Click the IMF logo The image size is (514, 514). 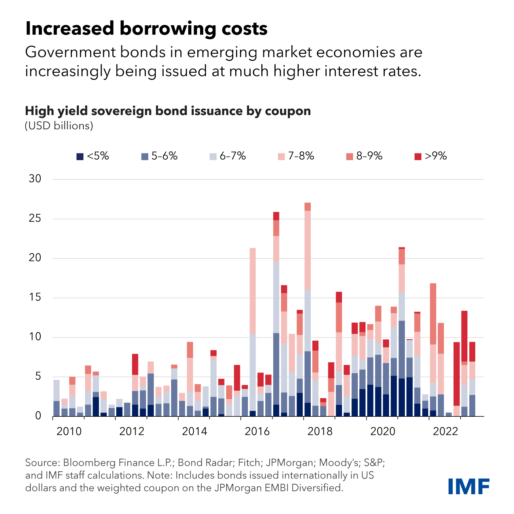[x=469, y=486]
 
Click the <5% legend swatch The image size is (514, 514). [x=80, y=157]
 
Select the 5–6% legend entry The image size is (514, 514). [x=159, y=156]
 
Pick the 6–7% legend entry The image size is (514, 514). [x=228, y=156]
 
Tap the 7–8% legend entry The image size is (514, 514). [x=296, y=156]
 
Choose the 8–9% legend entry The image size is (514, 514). [x=364, y=156]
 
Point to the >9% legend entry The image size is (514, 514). [x=431, y=156]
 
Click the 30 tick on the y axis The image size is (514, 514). [x=35, y=179]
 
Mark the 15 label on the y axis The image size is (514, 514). [x=35, y=297]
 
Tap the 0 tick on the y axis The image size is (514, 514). [x=38, y=416]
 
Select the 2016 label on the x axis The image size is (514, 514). [x=257, y=431]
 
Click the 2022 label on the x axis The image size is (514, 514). [x=445, y=431]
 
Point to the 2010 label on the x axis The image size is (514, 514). [x=69, y=431]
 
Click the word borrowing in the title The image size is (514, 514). [x=168, y=29]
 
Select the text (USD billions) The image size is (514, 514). [x=59, y=126]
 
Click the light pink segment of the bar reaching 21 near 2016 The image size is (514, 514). [x=253, y=291]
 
